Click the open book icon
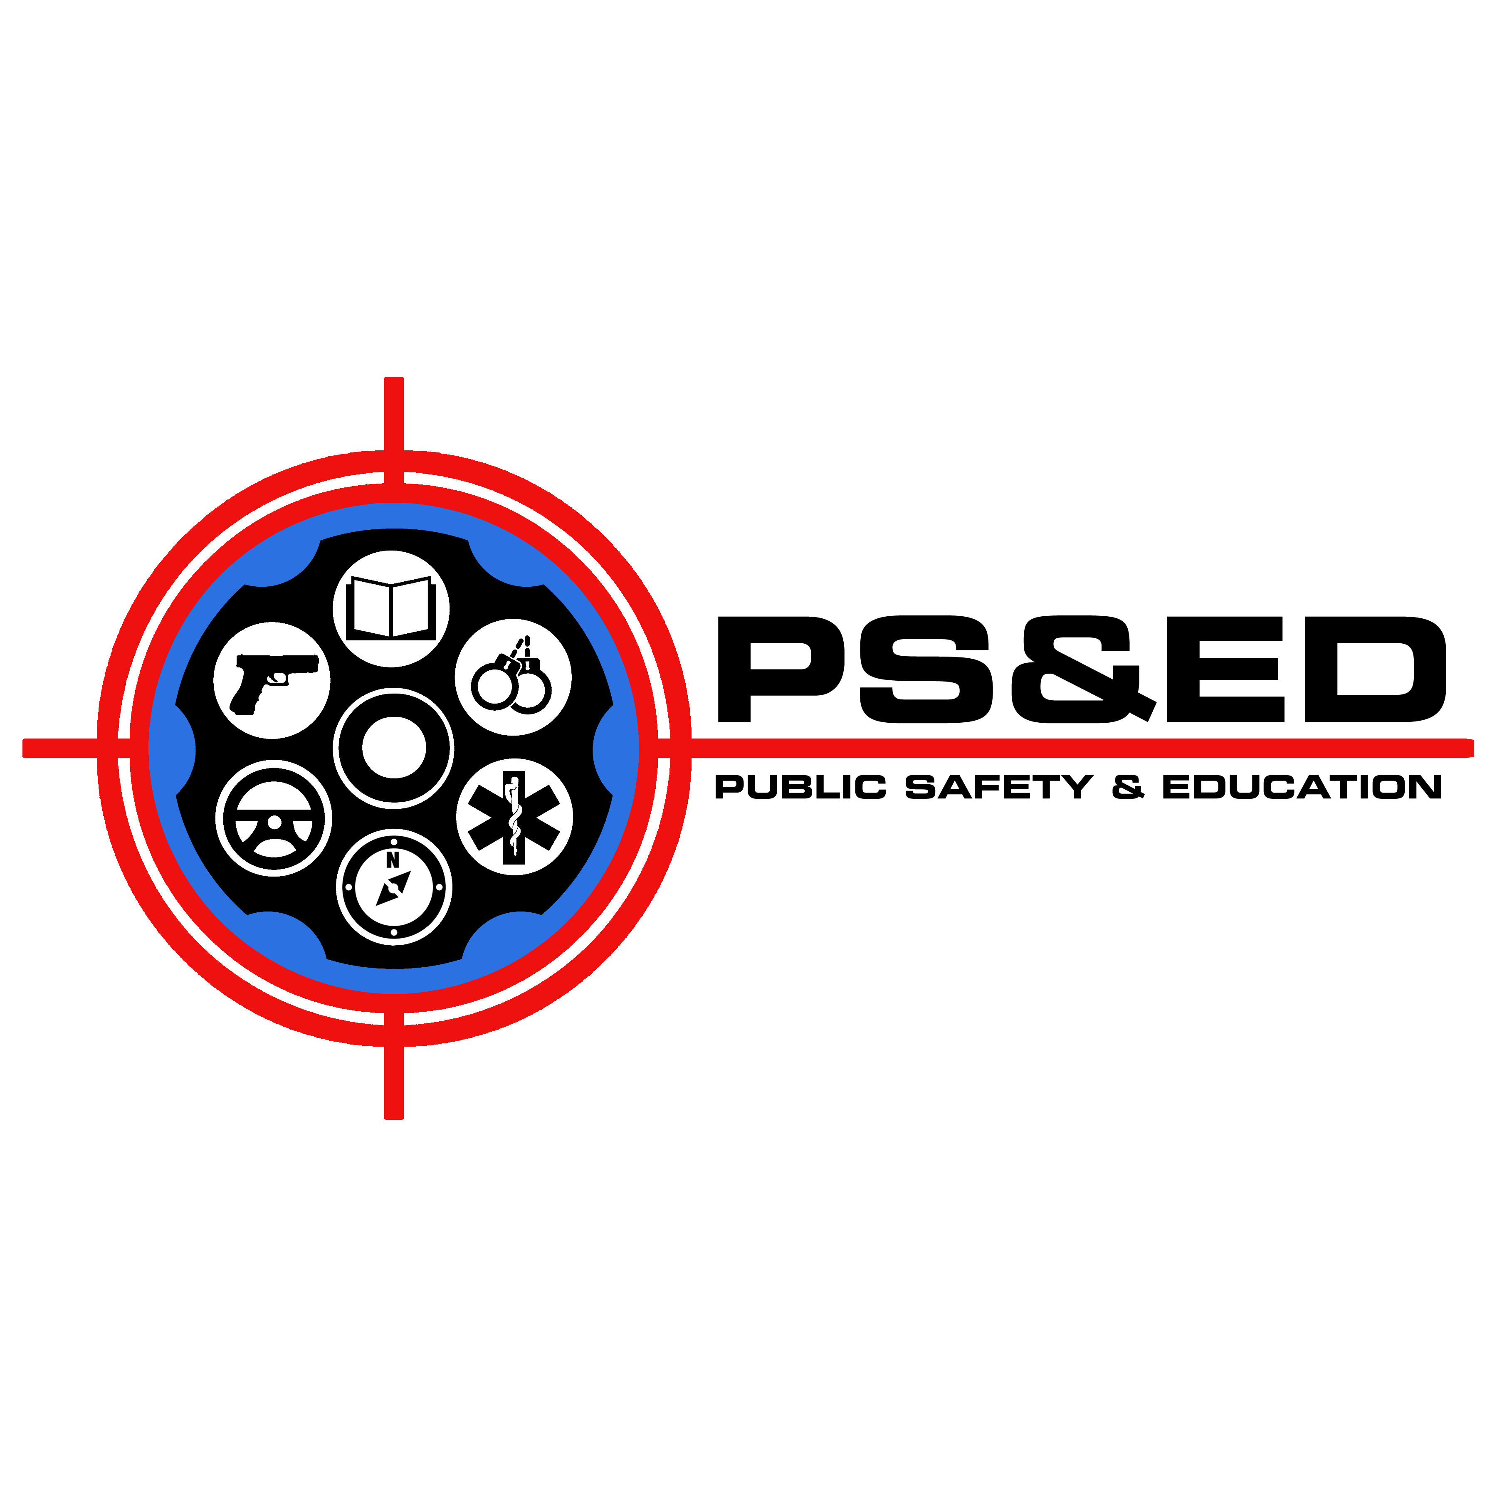(x=391, y=608)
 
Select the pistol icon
(x=272, y=680)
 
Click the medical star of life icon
(x=514, y=817)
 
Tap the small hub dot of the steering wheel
(x=274, y=822)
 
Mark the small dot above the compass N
(x=394, y=842)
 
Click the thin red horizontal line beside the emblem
(x=1162, y=748)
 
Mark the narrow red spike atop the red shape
(x=394, y=400)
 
